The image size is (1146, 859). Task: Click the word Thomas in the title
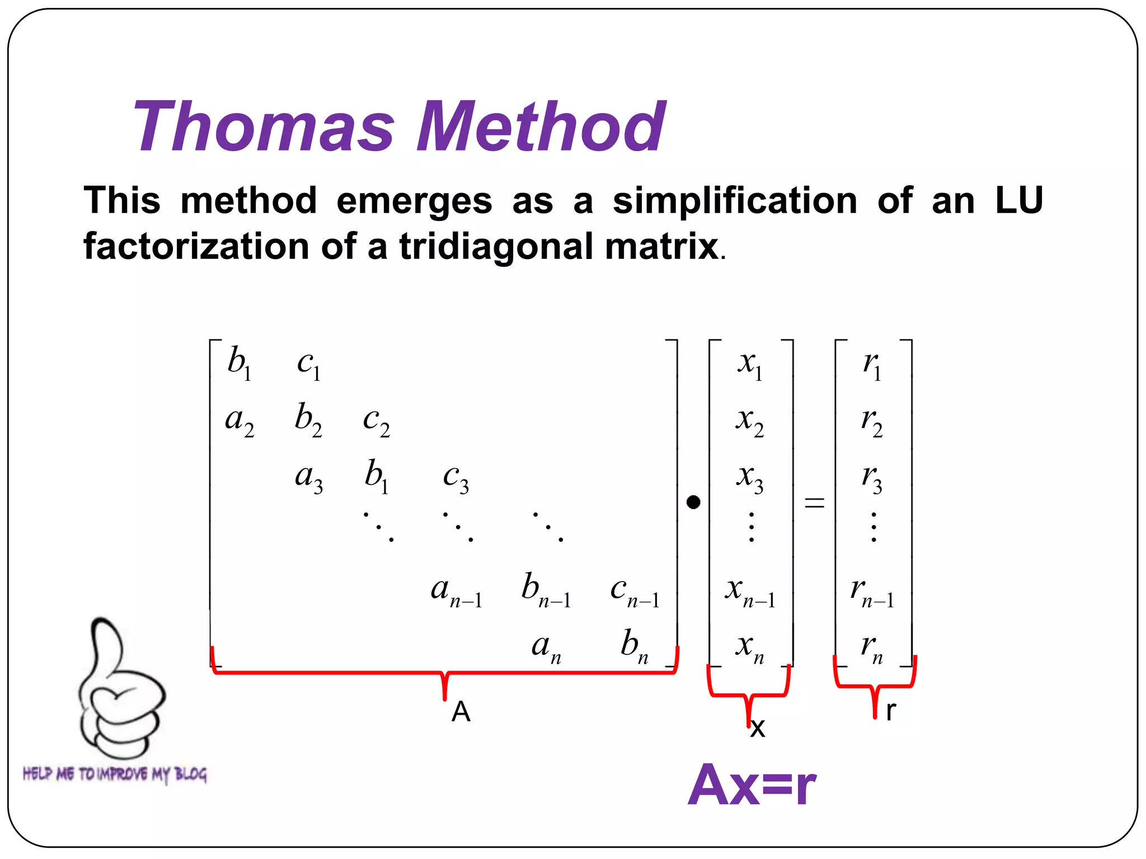click(264, 126)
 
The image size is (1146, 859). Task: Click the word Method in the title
click(541, 126)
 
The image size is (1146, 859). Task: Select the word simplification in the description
click(735, 201)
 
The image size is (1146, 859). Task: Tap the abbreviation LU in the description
click(1019, 201)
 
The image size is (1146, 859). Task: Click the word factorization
click(196, 246)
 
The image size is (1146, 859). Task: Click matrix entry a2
click(239, 421)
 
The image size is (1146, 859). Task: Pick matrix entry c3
click(455, 479)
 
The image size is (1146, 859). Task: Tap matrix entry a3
click(309, 479)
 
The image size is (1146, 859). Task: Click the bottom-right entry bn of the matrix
click(635, 646)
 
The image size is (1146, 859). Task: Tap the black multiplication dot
click(693, 502)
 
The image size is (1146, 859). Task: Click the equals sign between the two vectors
click(814, 502)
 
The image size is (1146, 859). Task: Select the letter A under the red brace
click(461, 712)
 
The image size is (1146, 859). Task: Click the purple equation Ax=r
click(752, 785)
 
